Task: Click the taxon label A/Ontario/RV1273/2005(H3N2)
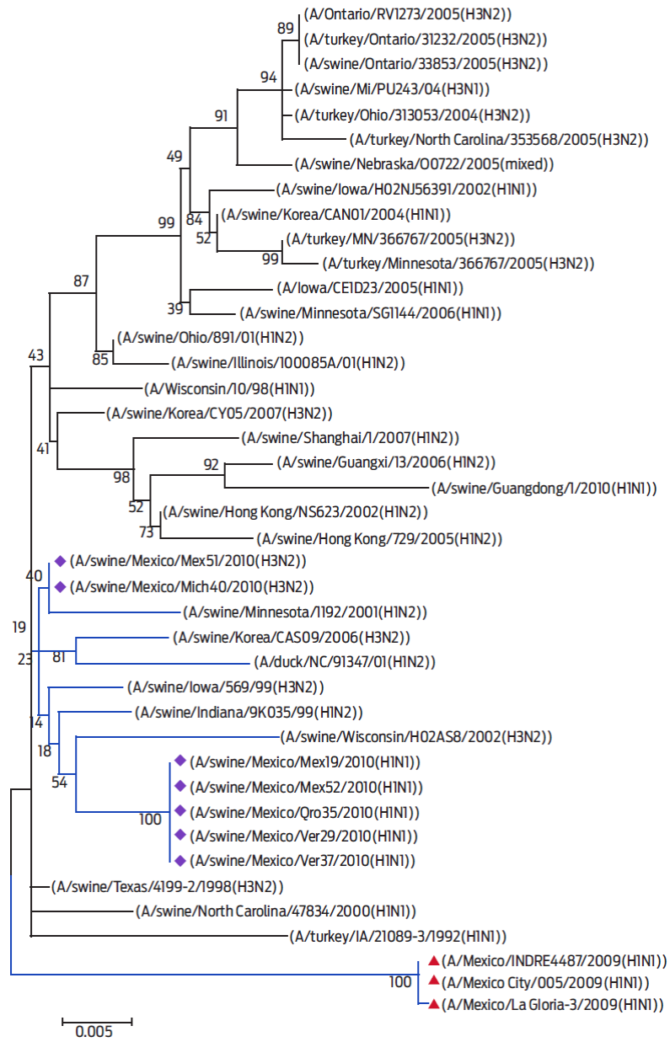click(408, 14)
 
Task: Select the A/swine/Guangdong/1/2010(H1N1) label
click(544, 488)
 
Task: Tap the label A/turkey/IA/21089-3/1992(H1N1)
click(398, 936)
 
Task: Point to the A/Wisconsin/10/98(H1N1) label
click(229, 389)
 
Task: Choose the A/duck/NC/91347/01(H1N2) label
click(345, 662)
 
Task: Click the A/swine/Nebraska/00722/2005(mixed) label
click(425, 164)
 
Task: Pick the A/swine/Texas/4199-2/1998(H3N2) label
click(168, 887)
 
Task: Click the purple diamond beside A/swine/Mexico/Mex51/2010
click(60, 561)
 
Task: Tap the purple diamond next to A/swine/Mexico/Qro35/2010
click(180, 811)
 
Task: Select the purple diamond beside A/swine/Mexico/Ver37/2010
click(180, 861)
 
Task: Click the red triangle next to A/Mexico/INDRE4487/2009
click(434, 960)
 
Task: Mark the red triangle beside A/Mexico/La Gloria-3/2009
click(434, 1004)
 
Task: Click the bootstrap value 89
click(285, 29)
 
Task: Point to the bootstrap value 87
click(81, 281)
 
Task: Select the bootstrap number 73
click(146, 532)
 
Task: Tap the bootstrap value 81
click(59, 657)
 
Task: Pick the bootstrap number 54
click(60, 782)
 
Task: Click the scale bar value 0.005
click(94, 1031)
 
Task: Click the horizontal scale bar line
click(97, 1022)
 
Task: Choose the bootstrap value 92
click(211, 464)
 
